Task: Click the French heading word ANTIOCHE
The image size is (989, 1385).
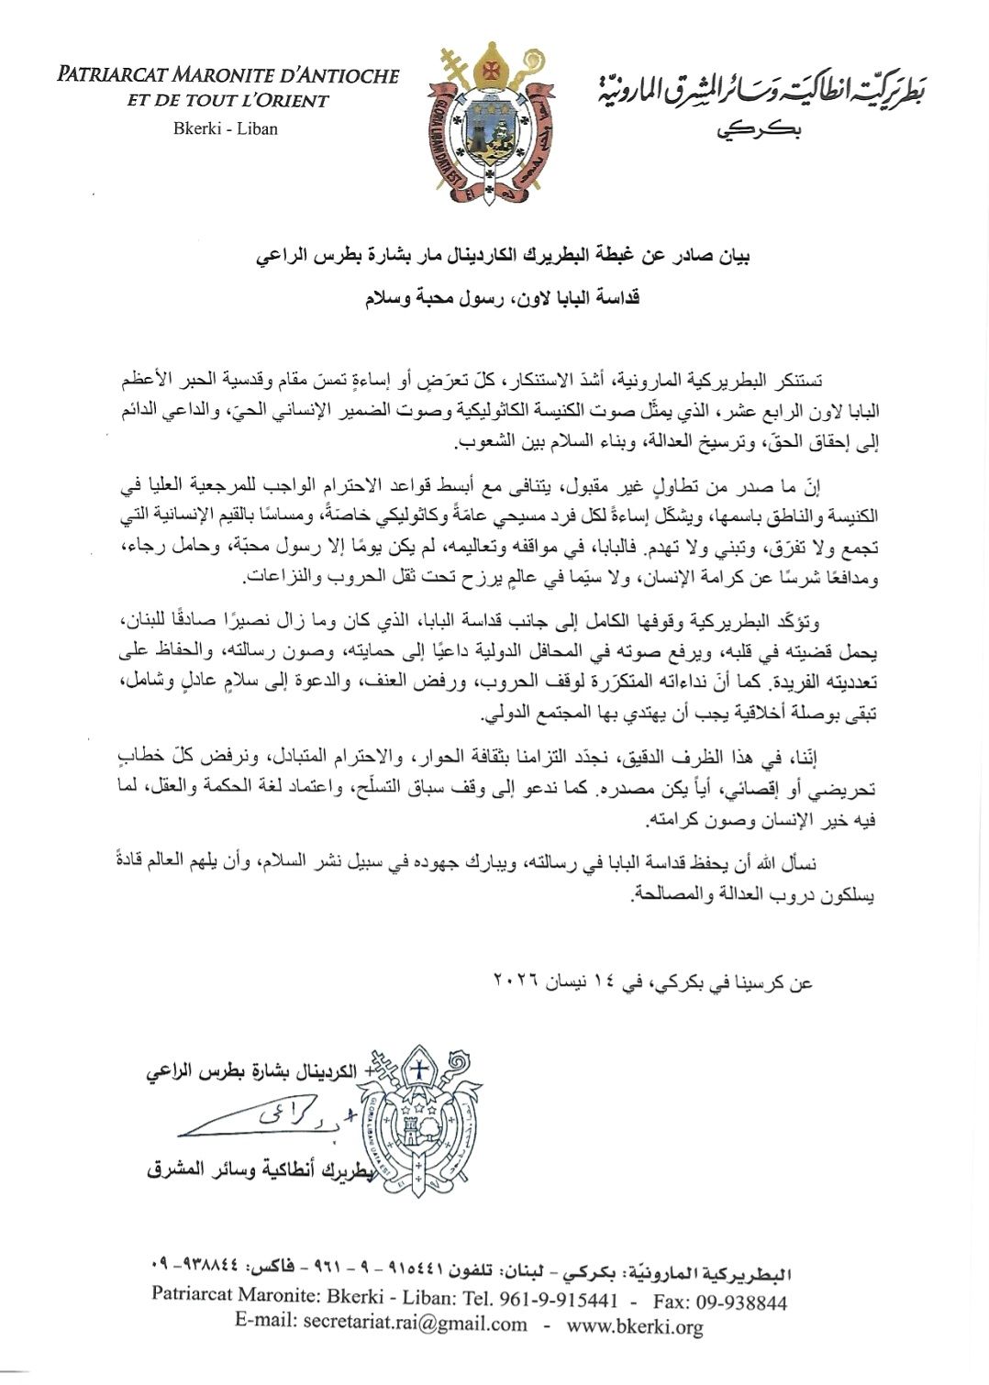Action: point(345,76)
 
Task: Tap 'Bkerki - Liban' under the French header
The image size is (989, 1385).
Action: point(226,128)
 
